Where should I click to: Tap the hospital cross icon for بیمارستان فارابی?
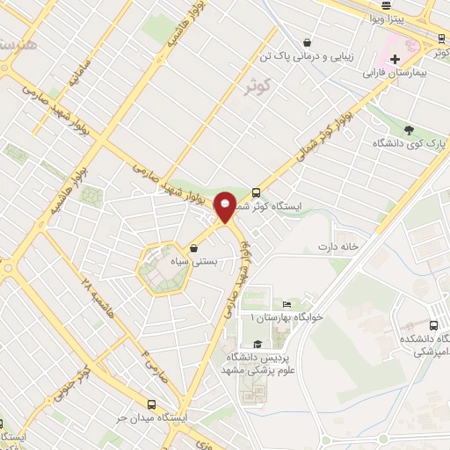[371, 59]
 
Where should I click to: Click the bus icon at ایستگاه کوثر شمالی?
[256, 192]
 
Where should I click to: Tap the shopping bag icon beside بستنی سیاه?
[192, 248]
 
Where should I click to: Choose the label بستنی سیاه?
[192, 262]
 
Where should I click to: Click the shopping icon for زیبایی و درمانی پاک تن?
[306, 41]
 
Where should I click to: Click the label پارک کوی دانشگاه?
[412, 142]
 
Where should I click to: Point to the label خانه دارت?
[339, 246]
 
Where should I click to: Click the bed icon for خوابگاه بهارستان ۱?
[287, 303]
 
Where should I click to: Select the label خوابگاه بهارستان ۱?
[287, 316]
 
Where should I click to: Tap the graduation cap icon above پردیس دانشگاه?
[258, 344]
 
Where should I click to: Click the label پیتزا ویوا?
[386, 18]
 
